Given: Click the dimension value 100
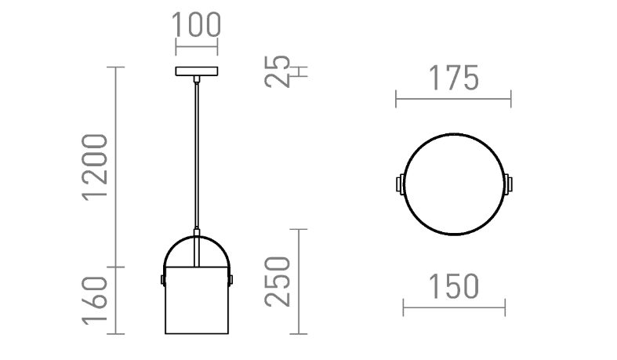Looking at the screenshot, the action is pos(196,25).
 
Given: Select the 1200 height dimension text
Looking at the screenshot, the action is pos(95,167).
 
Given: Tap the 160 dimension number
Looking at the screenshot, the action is pos(95,300).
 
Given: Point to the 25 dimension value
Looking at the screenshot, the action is pos(277,71).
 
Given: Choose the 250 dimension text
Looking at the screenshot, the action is pos(277,282).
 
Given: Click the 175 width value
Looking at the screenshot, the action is pos(453,78).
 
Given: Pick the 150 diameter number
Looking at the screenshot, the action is pos(453,286).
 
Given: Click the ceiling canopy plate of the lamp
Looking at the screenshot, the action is pos(196,71).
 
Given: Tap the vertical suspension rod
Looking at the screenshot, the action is pos(196,155).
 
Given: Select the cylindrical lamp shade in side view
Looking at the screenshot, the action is pos(196,300).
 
